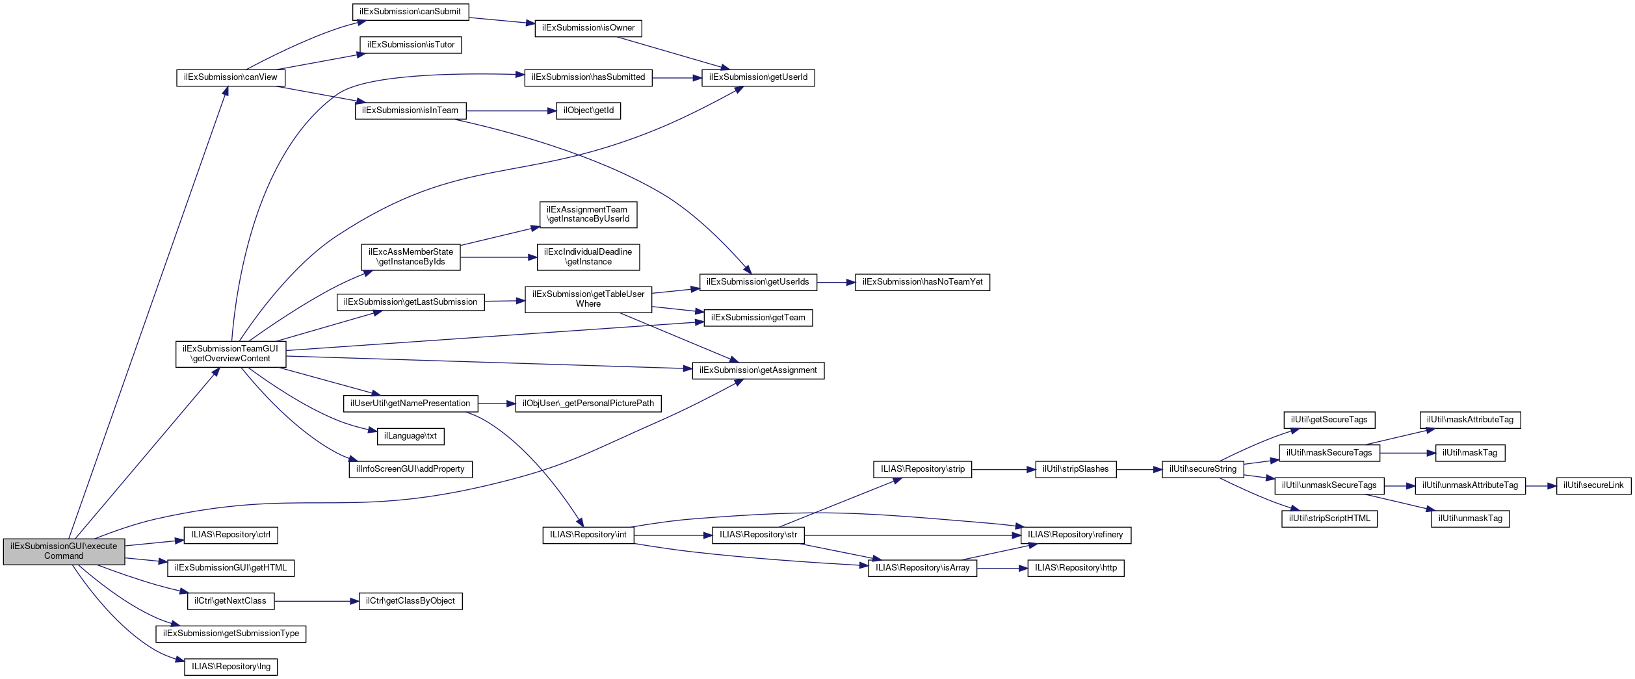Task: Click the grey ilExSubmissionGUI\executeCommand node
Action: tap(64, 551)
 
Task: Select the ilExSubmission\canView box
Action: tap(230, 77)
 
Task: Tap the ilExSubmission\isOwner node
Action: tap(588, 28)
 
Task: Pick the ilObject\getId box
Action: tap(588, 110)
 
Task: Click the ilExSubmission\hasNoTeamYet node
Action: tap(922, 282)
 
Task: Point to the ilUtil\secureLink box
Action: tap(1593, 485)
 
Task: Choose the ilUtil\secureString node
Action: tap(1203, 469)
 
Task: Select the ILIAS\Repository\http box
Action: tap(1075, 568)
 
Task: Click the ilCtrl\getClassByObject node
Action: tap(410, 601)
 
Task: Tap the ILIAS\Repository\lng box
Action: tap(231, 667)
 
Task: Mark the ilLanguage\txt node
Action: tap(410, 436)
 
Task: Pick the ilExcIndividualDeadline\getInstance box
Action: tap(588, 257)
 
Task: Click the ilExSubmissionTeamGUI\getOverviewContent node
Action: tap(230, 353)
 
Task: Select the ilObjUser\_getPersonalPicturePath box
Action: tap(588, 404)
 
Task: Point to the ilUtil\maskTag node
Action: tap(1469, 453)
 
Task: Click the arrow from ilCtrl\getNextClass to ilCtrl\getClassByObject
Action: tap(316, 601)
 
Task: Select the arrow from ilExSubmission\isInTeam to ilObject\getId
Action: tap(510, 111)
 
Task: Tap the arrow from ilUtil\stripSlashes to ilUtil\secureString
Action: tap(1139, 469)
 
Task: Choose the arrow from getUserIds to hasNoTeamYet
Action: tap(835, 282)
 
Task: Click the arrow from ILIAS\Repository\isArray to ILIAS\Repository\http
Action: tap(1002, 568)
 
